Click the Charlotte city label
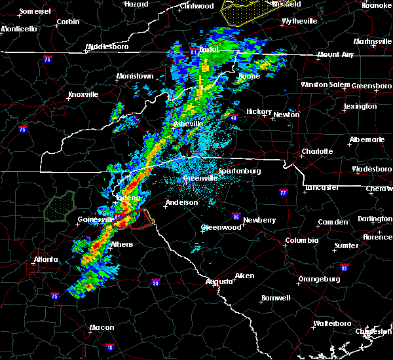(x=317, y=151)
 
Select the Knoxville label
(x=83, y=94)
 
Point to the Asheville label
(x=188, y=124)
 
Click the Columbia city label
(x=301, y=241)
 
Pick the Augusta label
(x=219, y=281)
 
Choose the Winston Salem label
(x=326, y=84)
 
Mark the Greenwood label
(x=219, y=227)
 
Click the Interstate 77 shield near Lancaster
(x=283, y=193)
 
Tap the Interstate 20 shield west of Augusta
(x=155, y=283)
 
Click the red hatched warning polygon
(x=136, y=220)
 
